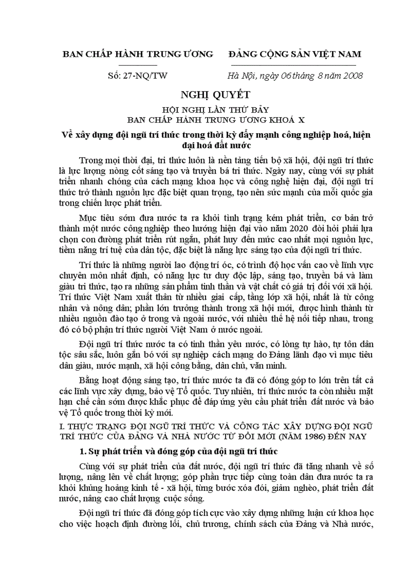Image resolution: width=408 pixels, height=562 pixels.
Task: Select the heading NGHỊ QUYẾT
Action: pyautogui.click(x=203, y=94)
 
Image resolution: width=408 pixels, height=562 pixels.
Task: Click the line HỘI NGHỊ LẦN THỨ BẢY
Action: pyautogui.click(x=204, y=110)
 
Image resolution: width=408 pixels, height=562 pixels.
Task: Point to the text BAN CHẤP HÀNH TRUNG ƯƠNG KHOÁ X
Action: pyautogui.click(x=204, y=120)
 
